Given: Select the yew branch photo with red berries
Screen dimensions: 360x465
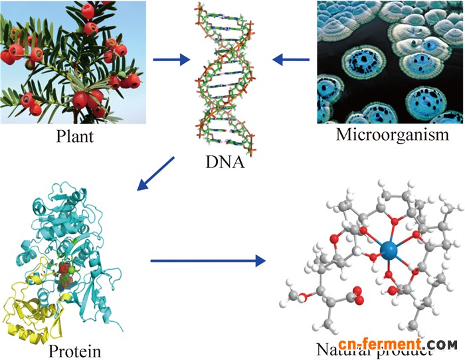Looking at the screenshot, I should click(x=73, y=62).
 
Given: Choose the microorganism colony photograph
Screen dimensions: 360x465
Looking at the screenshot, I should click(x=390, y=60).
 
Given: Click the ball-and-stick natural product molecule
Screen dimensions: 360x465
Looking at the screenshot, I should click(x=372, y=259).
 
